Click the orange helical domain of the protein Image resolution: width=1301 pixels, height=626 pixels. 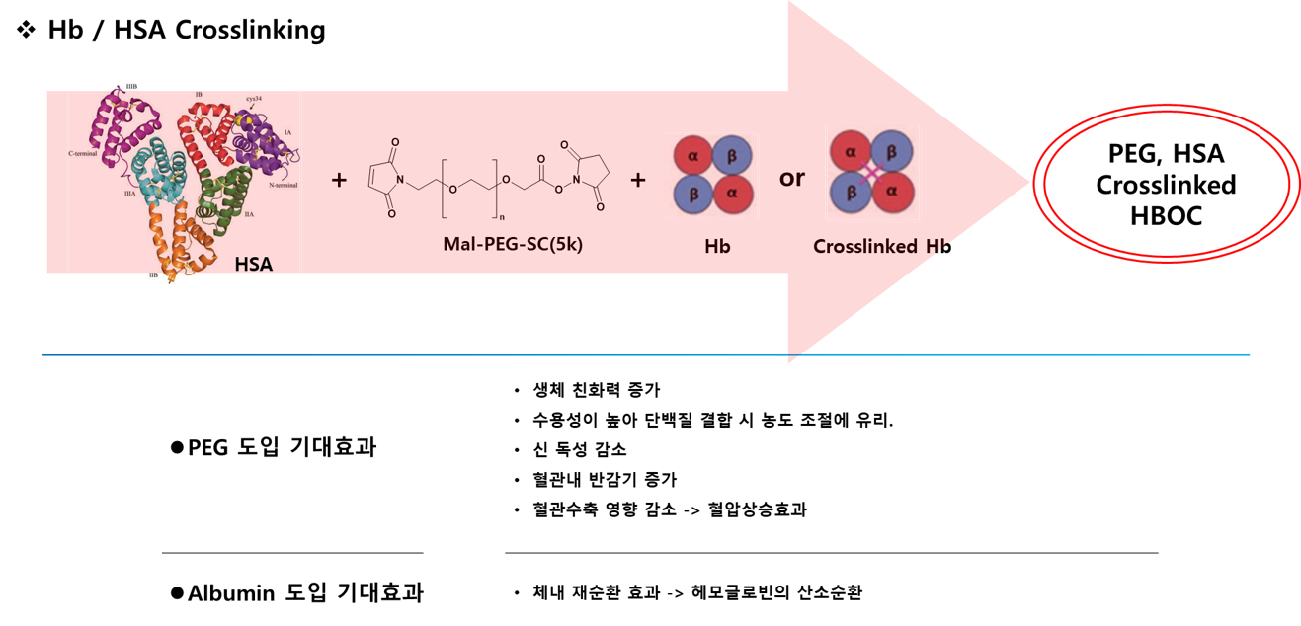(x=189, y=237)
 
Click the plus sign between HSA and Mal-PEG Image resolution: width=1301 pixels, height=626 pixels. (x=339, y=181)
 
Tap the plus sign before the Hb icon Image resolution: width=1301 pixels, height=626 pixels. (x=637, y=180)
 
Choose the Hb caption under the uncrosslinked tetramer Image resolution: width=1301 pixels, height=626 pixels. (x=717, y=246)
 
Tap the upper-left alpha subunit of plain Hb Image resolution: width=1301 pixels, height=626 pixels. (x=694, y=155)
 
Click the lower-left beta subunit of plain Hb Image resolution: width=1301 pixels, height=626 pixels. (x=694, y=196)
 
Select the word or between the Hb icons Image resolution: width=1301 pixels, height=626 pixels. (x=792, y=179)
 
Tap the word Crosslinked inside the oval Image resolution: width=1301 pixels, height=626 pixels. (x=1166, y=186)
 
